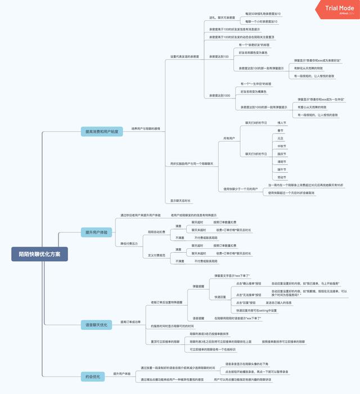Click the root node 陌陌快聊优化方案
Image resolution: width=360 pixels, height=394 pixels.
(x=39, y=254)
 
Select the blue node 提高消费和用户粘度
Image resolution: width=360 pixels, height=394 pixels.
(x=101, y=131)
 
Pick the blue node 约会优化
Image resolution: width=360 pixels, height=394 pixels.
(x=92, y=376)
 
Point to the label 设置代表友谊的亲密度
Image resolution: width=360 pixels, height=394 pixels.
(x=184, y=57)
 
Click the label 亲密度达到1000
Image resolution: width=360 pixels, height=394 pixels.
(x=219, y=95)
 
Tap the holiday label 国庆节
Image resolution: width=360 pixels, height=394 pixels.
(x=281, y=153)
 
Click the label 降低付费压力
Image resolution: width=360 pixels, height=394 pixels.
(x=129, y=244)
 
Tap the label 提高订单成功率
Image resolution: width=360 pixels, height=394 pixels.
(x=130, y=322)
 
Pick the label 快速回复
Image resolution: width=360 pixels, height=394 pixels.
(x=220, y=297)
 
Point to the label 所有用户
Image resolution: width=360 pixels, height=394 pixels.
(x=228, y=138)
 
